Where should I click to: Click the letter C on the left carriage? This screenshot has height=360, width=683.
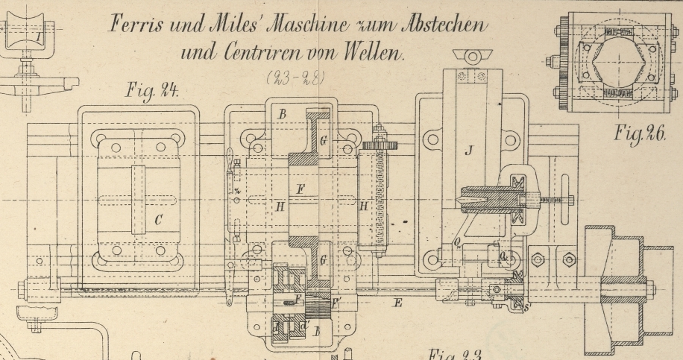click(157, 220)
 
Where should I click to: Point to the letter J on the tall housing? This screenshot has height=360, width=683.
click(469, 151)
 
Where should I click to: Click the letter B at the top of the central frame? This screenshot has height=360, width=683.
click(281, 114)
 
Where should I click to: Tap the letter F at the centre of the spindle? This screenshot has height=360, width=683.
click(300, 189)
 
